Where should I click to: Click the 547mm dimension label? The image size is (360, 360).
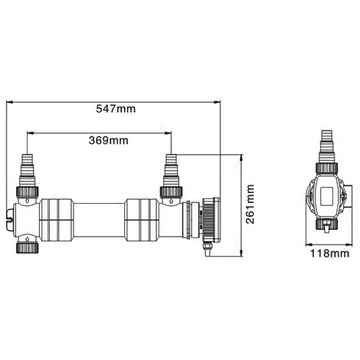[117, 110]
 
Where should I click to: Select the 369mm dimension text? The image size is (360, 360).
[108, 141]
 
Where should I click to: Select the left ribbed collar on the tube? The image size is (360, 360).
[56, 218]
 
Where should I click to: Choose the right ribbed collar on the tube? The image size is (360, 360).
[142, 218]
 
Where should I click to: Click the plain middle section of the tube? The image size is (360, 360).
[99, 218]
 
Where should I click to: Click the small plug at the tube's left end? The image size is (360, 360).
[9, 218]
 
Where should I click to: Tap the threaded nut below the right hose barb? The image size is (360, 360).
[170, 191]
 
